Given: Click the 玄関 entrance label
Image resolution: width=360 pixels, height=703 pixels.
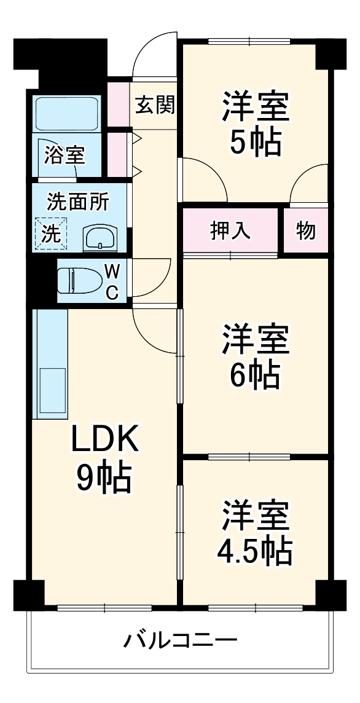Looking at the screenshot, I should [155, 106].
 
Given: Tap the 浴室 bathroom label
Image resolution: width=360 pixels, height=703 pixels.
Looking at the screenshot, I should [64, 155].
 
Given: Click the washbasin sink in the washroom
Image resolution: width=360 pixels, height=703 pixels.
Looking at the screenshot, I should [99, 236].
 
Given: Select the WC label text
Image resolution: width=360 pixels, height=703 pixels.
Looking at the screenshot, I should [111, 281].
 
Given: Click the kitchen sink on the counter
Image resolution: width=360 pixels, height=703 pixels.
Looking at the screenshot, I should [52, 391].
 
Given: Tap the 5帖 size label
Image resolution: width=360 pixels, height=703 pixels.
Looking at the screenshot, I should [256, 142].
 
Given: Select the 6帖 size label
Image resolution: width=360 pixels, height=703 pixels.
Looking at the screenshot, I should [256, 375].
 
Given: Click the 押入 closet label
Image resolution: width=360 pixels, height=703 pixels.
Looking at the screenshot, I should [231, 230].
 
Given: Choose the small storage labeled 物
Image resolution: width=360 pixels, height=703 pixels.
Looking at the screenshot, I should [305, 231].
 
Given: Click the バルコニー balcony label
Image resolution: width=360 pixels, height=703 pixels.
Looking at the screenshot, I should [180, 642].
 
